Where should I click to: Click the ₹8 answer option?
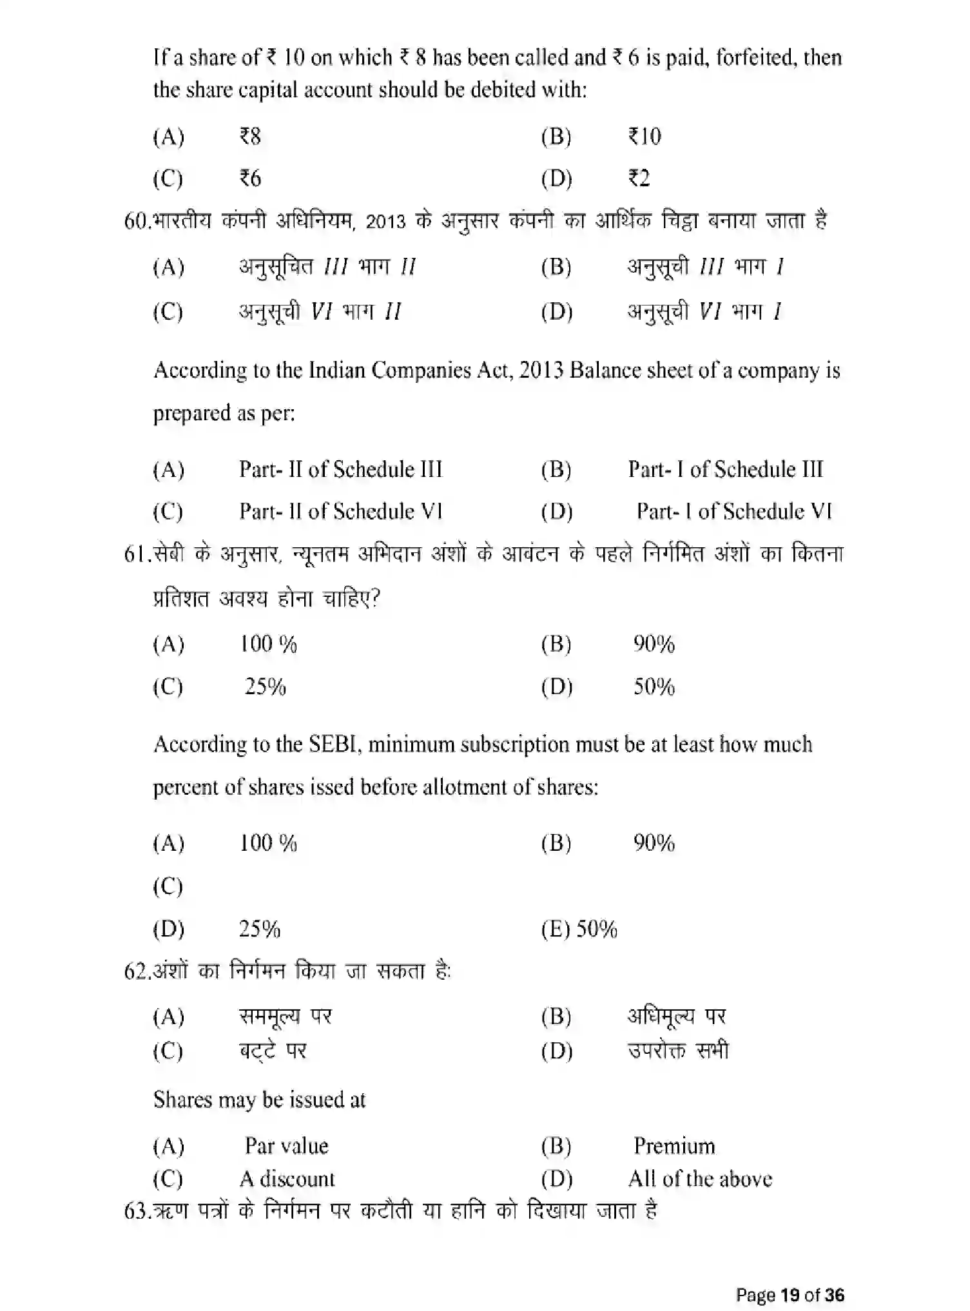coord(250,137)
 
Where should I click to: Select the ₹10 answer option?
coord(645,137)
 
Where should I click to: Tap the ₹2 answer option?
coord(639,178)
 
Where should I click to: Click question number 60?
coord(137,222)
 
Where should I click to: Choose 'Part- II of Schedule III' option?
coord(340,469)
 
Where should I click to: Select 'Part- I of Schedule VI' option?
coord(733,512)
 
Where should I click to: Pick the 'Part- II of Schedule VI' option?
coord(340,512)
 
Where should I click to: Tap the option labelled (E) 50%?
coord(579,929)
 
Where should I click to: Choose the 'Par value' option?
coord(286,1146)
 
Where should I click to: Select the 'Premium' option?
coord(674,1146)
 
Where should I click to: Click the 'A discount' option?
coord(287,1179)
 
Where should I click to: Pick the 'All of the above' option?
coord(699,1179)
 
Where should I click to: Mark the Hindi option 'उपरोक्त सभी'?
coord(678,1051)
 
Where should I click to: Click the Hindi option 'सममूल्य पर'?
coord(285,1016)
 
